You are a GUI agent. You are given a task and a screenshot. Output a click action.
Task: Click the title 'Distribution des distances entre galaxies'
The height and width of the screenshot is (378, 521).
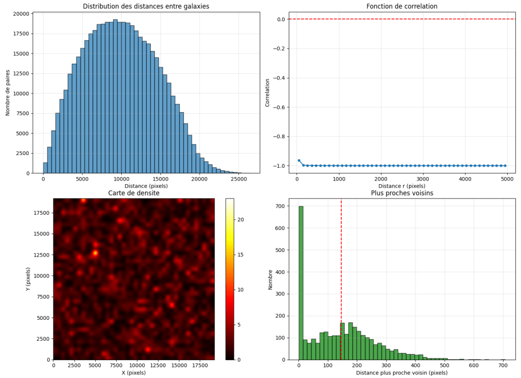click(146, 7)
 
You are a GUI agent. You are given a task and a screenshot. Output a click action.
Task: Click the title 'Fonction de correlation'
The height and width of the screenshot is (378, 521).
click(402, 7)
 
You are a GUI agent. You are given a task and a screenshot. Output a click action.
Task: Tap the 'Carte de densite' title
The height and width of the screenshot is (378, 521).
click(133, 193)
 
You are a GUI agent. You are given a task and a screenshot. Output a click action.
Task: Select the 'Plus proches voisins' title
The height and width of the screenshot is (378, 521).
click(402, 193)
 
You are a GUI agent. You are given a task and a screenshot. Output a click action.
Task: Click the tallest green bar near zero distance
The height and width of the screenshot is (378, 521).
click(301, 286)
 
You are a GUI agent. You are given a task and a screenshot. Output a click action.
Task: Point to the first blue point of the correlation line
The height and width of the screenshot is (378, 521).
click(299, 160)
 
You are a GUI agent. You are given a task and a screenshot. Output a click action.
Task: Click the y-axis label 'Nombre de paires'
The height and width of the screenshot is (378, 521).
click(8, 92)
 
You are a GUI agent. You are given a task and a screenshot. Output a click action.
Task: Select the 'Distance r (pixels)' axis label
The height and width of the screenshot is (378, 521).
click(402, 186)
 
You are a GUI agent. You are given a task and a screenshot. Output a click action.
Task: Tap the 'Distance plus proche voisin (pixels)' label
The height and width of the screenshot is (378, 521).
click(402, 373)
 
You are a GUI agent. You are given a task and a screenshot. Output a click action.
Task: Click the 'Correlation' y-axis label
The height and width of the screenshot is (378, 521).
click(267, 92)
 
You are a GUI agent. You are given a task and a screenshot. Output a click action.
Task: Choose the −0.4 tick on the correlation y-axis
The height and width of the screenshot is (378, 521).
click(279, 78)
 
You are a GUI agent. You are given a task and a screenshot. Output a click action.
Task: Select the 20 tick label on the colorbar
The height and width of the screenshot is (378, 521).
click(242, 219)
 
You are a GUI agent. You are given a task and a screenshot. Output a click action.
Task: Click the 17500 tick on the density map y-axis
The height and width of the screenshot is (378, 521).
click(41, 213)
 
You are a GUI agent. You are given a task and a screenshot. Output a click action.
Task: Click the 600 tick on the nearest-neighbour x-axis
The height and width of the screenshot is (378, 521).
click(474, 366)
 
